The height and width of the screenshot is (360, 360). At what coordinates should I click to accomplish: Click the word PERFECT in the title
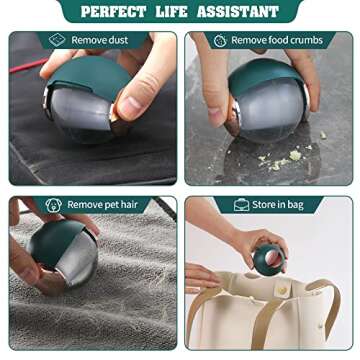coord(113,12)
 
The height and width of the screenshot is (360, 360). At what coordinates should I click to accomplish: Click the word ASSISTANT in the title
coord(238,12)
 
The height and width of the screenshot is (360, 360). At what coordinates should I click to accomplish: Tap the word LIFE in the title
coord(171,12)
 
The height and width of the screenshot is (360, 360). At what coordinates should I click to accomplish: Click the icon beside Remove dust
coord(57,40)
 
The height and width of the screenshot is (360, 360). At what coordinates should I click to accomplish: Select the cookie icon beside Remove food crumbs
coord(220,41)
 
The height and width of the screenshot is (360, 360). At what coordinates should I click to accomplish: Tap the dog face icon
coord(53,205)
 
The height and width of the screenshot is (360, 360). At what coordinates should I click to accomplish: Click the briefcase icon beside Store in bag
coord(242,205)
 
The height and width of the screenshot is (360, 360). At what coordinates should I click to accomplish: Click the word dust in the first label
coord(118,40)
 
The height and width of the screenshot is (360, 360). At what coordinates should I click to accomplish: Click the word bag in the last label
coord(295,205)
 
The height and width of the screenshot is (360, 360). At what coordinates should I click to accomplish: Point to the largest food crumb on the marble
coord(295,155)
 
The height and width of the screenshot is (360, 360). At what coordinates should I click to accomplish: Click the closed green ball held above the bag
coord(269,259)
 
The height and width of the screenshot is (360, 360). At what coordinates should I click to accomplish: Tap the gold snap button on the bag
coord(283,290)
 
